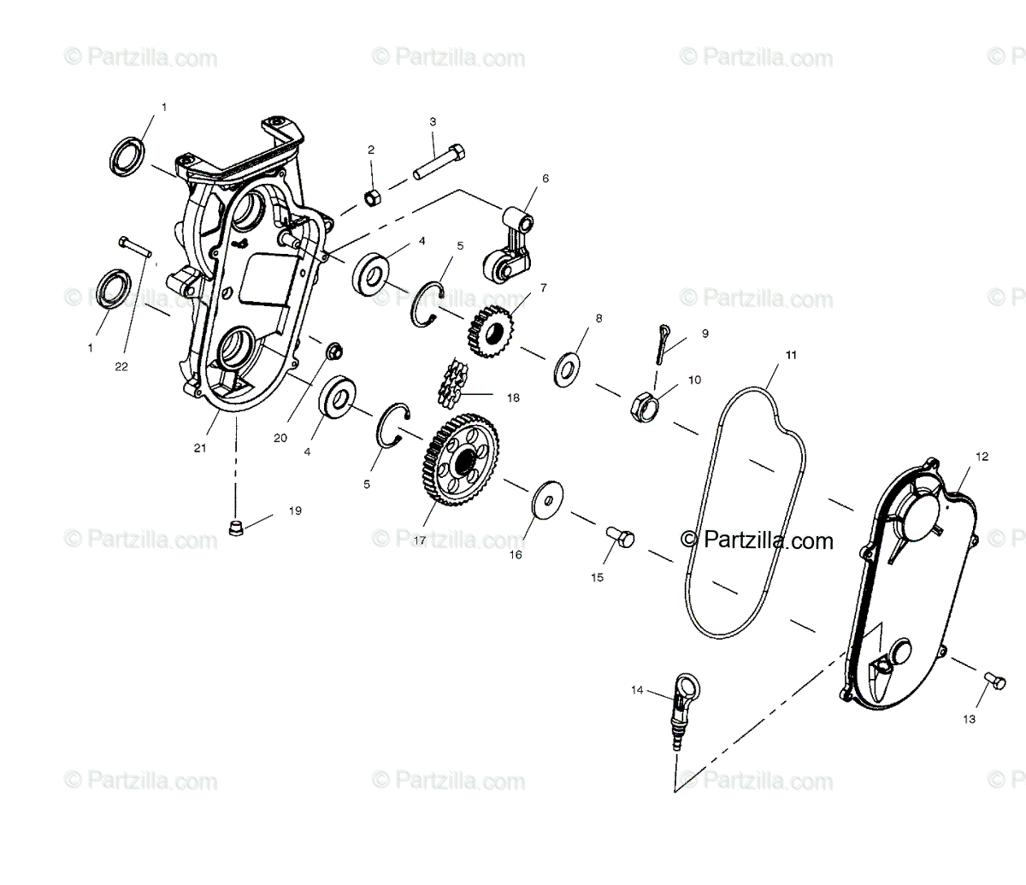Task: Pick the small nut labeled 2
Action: [x=373, y=198]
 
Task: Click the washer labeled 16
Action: [x=541, y=502]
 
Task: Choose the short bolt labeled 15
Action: [x=621, y=538]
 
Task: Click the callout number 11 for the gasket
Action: [x=791, y=354]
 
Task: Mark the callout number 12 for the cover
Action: [x=981, y=457]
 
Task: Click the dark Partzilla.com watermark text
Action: [x=758, y=540]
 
